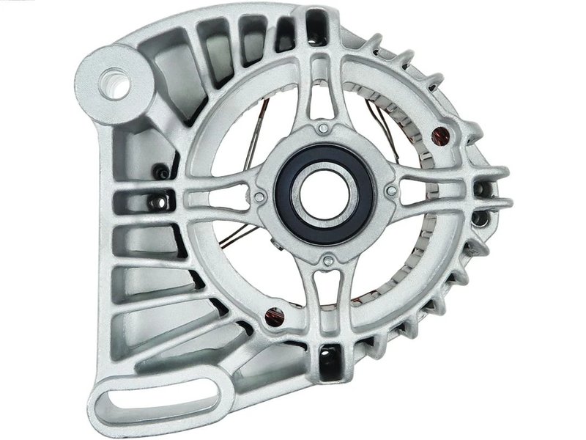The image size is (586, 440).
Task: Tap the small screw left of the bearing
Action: (x=258, y=196)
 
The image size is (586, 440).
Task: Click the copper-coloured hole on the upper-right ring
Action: (x=440, y=133)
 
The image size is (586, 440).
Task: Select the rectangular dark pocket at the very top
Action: (x=316, y=22)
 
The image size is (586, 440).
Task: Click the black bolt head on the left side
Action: (x=160, y=173)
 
